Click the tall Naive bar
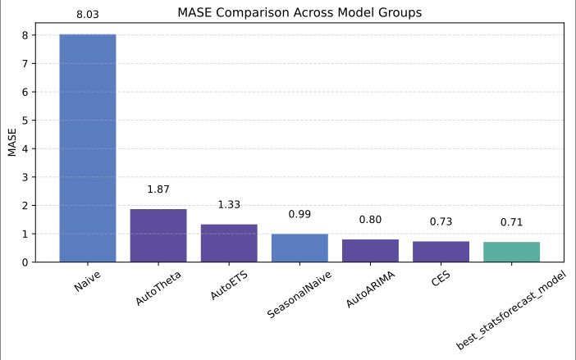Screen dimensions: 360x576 tap(88, 148)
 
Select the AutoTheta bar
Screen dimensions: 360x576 tap(158, 235)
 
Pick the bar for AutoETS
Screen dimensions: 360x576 tap(229, 243)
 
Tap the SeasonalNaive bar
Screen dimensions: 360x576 tap(299, 248)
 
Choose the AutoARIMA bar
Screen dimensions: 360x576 tap(370, 251)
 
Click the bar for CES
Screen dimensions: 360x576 tap(441, 252)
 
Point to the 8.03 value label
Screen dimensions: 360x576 tap(88, 15)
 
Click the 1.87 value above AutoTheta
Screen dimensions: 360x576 tap(158, 189)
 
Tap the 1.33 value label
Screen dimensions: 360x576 tap(229, 205)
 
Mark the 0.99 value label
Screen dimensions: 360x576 tap(299, 215)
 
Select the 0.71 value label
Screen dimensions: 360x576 tap(511, 222)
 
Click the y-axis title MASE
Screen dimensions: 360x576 tap(12, 142)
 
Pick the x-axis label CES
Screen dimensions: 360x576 tap(440, 279)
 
